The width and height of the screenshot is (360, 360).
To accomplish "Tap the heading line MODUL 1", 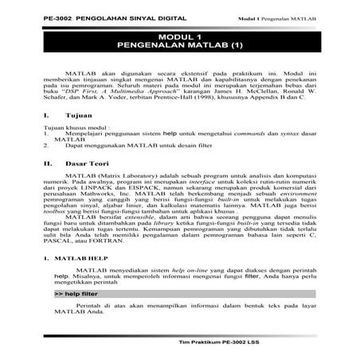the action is coord(180,38).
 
